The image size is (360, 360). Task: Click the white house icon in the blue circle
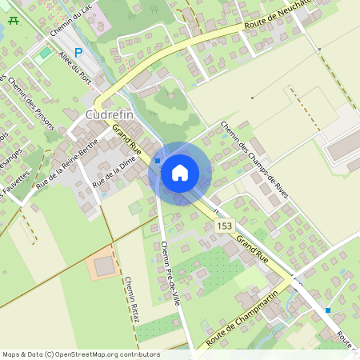[x=180, y=172]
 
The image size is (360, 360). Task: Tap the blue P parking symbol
[x=78, y=53]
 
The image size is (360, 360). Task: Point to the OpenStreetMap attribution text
[x=80, y=354]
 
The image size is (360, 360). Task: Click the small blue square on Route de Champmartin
[x=328, y=310]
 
